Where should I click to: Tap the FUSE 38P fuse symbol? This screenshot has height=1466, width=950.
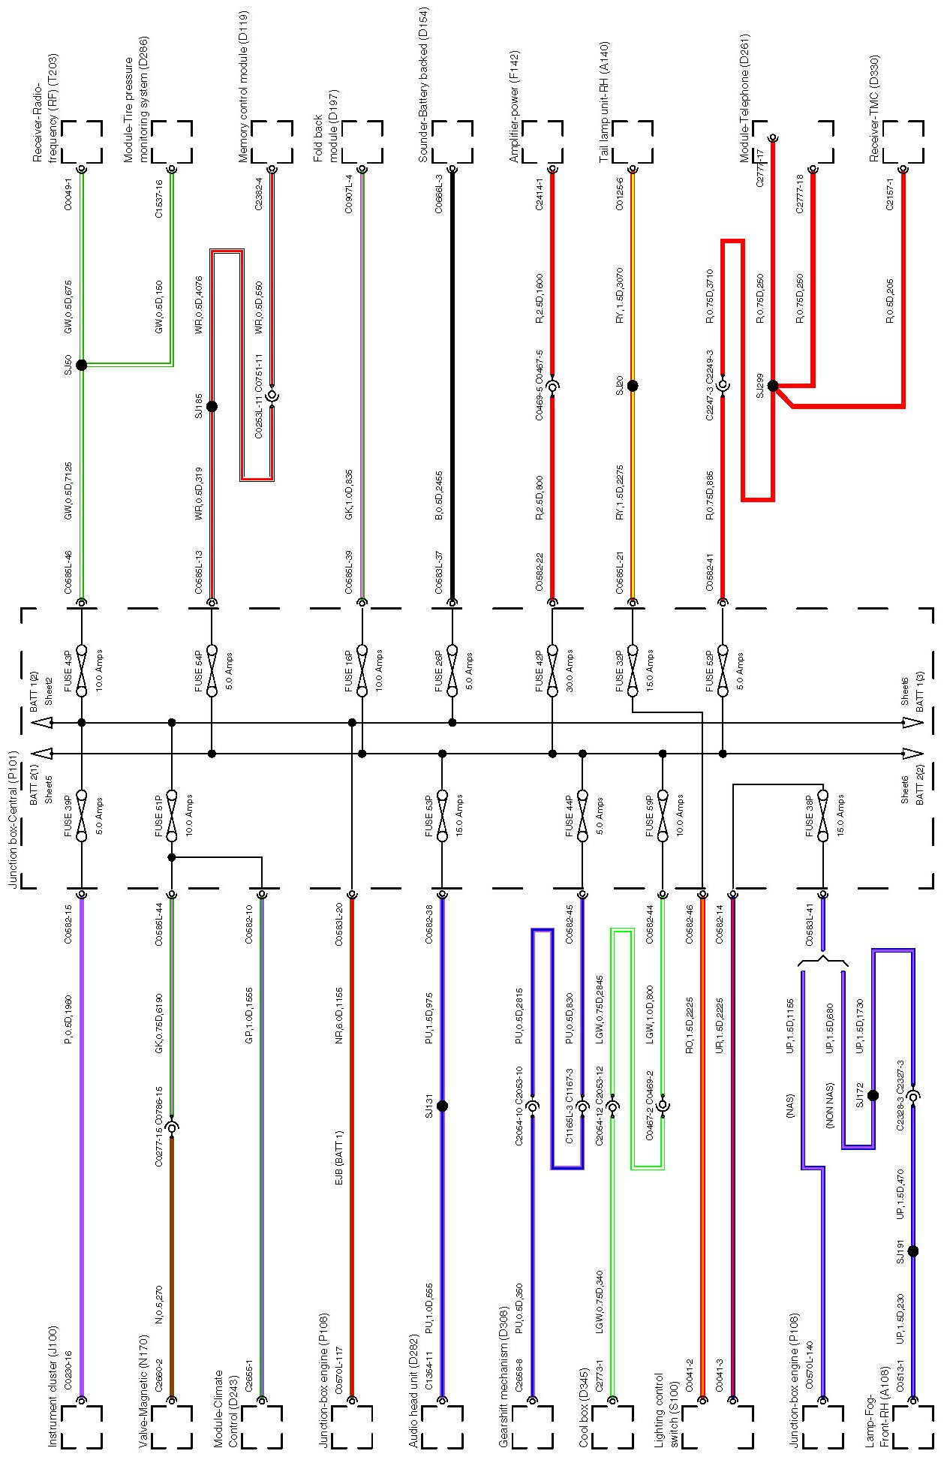pos(822,815)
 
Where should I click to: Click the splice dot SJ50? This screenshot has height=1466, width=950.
pos(82,364)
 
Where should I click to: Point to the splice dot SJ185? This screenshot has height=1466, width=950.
pos(212,406)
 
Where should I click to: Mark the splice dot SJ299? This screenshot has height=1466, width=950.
pos(773,386)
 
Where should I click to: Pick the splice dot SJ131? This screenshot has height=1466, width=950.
pos(442,1106)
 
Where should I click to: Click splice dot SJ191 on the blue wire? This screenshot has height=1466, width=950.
pos(912,1251)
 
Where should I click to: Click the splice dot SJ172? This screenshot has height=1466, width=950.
pos(873,1095)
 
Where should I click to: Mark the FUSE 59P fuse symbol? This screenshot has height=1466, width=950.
pos(662,815)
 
